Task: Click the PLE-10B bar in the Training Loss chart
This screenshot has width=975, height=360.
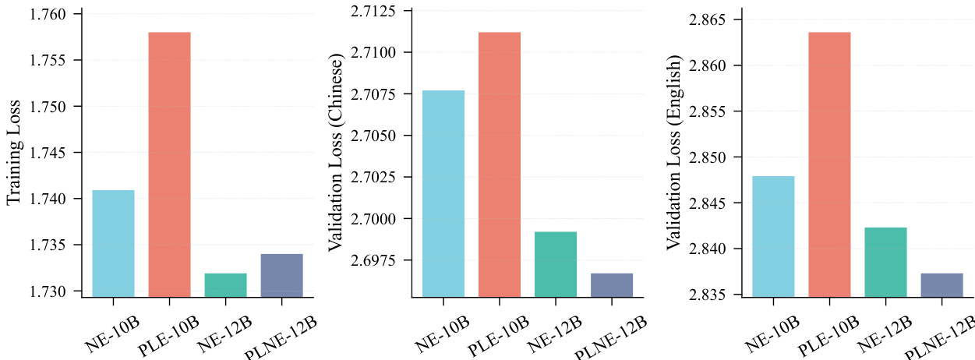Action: [169, 164]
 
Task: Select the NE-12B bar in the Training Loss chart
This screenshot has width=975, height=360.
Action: [225, 284]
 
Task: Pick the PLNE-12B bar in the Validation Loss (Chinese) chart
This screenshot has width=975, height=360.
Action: [612, 284]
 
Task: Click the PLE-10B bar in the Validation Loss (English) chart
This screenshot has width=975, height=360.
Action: [829, 164]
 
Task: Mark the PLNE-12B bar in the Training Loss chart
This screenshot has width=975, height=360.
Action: [281, 275]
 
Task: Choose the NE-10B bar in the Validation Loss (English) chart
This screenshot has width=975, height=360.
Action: [773, 236]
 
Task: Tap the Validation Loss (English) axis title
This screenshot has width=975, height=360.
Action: [673, 154]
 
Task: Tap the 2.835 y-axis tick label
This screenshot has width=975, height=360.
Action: [709, 295]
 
